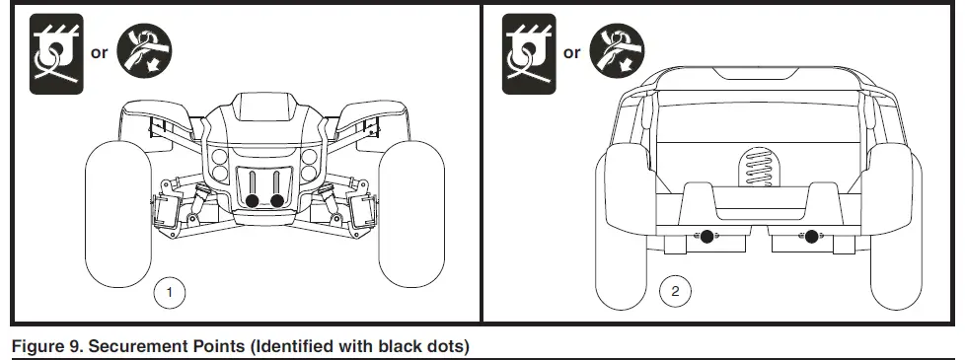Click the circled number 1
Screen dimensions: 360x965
171,292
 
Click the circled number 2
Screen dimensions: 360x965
675,292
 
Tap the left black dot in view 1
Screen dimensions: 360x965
252,201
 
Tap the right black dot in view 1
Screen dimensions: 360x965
277,201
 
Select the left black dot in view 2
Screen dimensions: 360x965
706,236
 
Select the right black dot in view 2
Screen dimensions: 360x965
811,236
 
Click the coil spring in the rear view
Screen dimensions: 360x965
759,169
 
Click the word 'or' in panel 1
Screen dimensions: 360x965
99,53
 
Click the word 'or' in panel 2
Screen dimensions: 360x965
572,53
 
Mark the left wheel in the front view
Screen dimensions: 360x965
116,211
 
